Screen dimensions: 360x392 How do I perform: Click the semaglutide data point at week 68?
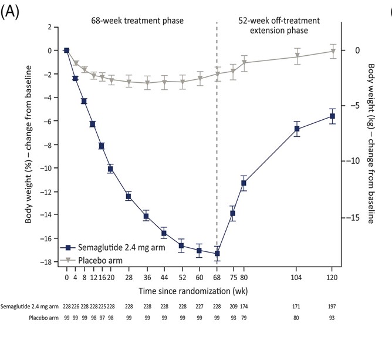(x=217, y=253)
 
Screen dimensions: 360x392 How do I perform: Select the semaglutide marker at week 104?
(x=297, y=129)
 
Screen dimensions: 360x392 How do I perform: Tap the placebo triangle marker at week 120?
(x=333, y=51)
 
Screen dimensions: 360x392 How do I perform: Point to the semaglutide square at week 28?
(x=129, y=196)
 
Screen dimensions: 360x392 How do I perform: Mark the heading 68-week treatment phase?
(x=137, y=21)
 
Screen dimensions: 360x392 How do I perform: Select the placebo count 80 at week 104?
(x=297, y=318)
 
